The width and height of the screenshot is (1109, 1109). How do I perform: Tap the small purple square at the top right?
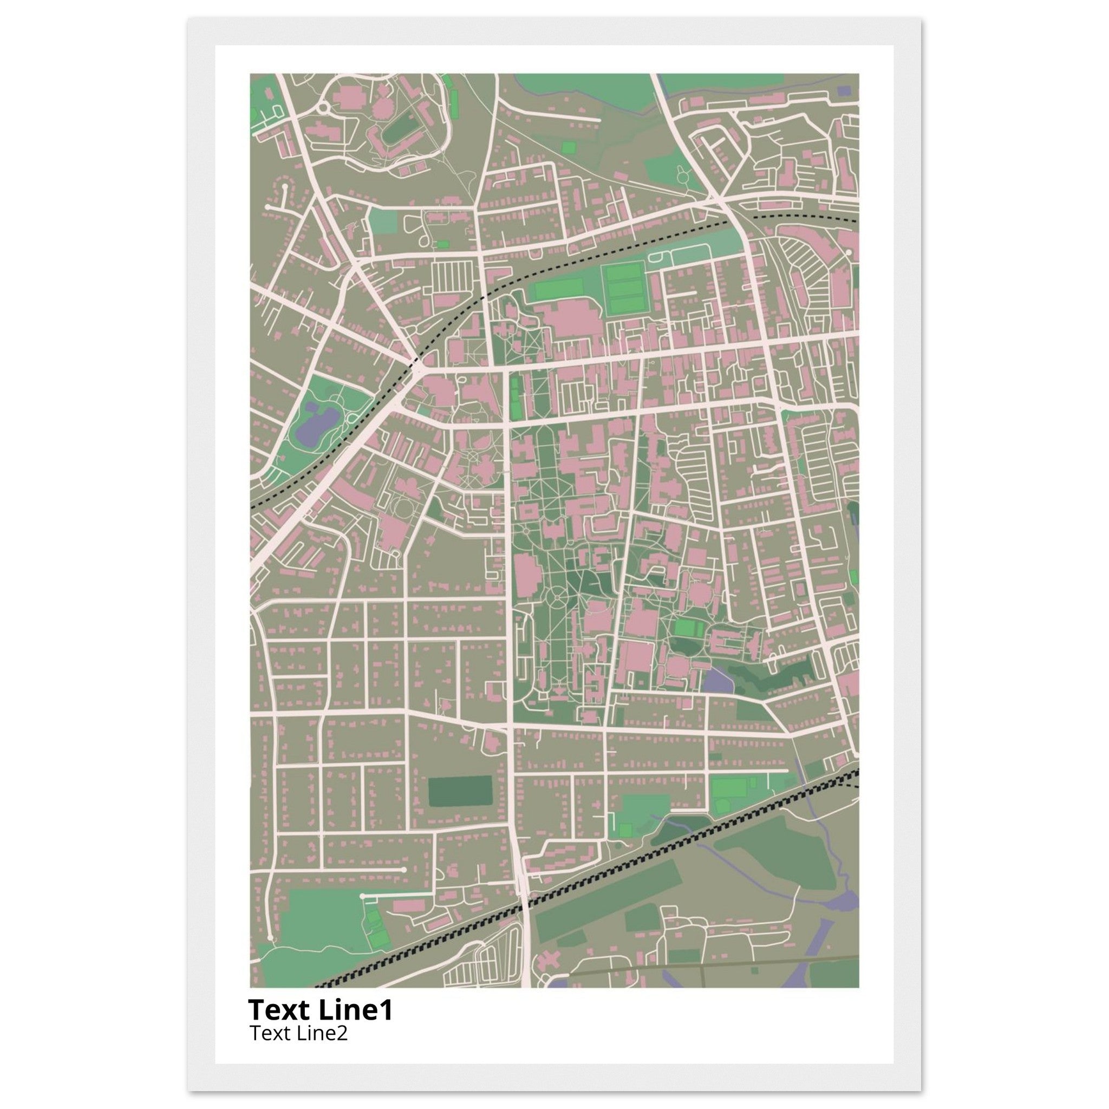[x=843, y=90]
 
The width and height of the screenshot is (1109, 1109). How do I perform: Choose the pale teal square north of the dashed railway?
[x=383, y=221]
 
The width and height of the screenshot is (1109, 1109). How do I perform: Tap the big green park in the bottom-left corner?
[x=322, y=918]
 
